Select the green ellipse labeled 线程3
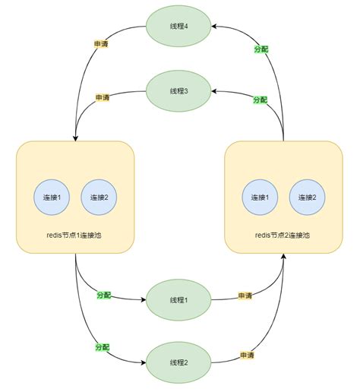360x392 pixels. click(179, 90)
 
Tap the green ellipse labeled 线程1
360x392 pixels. click(179, 300)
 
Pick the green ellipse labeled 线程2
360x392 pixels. click(179, 361)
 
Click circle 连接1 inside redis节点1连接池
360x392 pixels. click(52, 198)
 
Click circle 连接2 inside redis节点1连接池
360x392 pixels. click(99, 198)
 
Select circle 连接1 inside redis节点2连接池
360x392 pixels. click(261, 198)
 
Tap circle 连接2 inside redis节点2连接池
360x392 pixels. click(308, 198)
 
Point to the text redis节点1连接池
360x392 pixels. click(75, 236)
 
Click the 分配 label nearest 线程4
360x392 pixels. click(260, 49)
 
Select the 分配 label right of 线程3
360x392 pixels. click(260, 100)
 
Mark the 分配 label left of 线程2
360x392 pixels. click(102, 346)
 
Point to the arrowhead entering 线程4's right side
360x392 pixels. click(216, 26)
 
